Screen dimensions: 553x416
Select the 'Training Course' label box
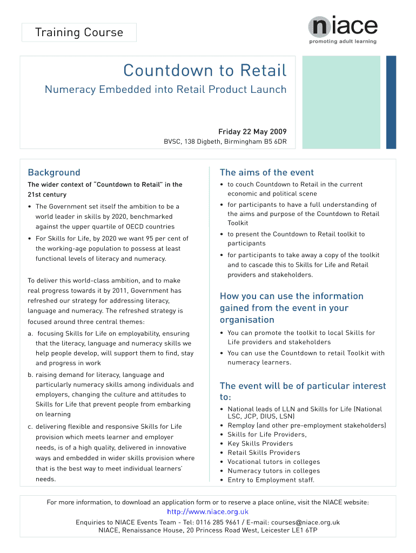tap(79, 33)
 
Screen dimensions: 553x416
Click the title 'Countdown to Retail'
tap(205, 71)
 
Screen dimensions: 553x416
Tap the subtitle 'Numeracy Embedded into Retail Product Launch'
tap(165, 90)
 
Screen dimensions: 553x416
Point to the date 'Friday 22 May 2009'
tap(252, 132)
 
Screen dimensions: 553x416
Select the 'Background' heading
tap(54, 173)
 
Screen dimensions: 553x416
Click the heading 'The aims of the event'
tap(266, 173)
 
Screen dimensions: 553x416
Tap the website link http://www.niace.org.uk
tap(208, 512)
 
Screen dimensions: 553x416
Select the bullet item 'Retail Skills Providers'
tap(264, 453)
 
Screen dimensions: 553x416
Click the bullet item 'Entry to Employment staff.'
tap(271, 480)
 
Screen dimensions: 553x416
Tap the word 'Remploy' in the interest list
tap(241, 426)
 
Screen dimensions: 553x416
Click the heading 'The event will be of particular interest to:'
tap(303, 392)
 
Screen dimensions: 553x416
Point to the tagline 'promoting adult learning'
tap(343, 42)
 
